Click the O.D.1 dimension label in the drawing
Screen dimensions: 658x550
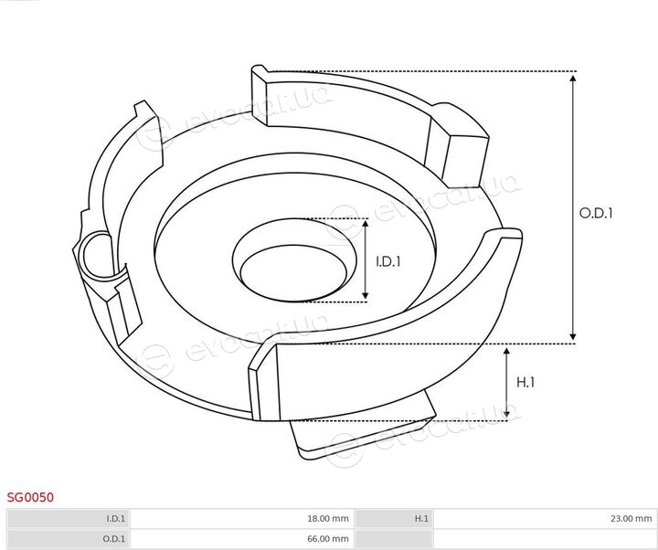[596, 213]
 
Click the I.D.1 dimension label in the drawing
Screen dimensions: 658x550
[388, 262]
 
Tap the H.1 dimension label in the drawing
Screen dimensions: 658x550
[525, 382]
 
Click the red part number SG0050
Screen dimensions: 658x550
[30, 497]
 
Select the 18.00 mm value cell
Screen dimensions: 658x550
[242, 519]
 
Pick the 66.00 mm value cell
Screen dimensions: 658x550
[242, 539]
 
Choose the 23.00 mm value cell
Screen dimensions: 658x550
[545, 519]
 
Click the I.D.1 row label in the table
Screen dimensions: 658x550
[69, 519]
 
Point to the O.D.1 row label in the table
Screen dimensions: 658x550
[69, 539]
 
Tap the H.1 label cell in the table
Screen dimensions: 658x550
[393, 519]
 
